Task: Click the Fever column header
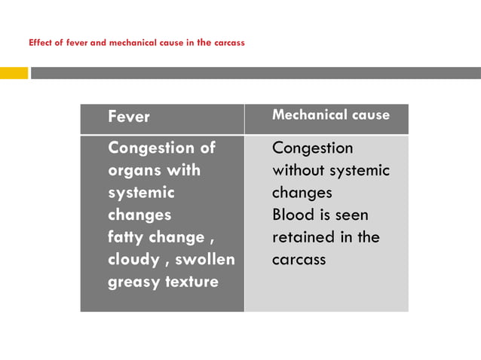129,117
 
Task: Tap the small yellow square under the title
14,73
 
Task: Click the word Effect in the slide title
40,42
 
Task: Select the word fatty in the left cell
127,237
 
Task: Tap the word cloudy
132,260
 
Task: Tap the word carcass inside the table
299,260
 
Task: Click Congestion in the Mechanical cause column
312,148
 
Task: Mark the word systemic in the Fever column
141,193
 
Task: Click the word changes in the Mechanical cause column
302,193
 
